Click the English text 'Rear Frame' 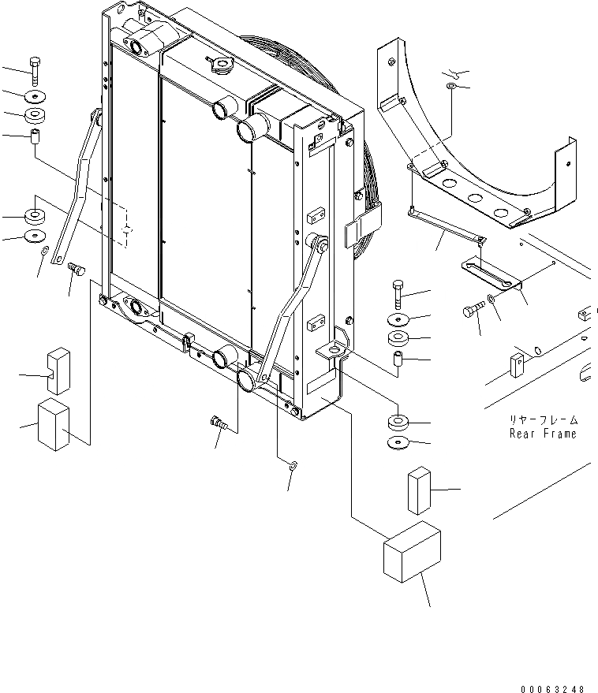coord(543,434)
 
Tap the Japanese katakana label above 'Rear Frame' coord(543,420)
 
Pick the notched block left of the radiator coord(59,369)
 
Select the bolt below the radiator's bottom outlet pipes coord(219,424)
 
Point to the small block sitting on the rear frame coord(518,363)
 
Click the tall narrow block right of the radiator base coord(418,490)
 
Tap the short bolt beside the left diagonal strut coord(76,270)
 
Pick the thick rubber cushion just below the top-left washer coord(34,116)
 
